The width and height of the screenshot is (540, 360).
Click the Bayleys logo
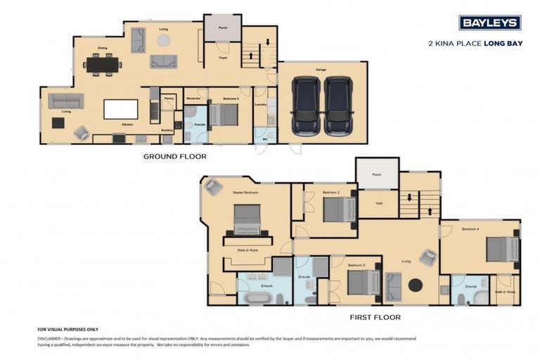pos(489,22)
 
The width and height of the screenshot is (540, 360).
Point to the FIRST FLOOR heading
pos(375,317)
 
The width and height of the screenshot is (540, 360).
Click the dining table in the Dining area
pos(102,65)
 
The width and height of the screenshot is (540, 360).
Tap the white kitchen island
pos(121,109)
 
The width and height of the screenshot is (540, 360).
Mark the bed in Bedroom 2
pos(340,209)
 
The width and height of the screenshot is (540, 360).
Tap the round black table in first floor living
pos(416,285)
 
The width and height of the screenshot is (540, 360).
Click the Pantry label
pos(169,99)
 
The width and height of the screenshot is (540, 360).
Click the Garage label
pos(321,70)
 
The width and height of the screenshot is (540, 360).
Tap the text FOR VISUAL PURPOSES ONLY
pos(67,329)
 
